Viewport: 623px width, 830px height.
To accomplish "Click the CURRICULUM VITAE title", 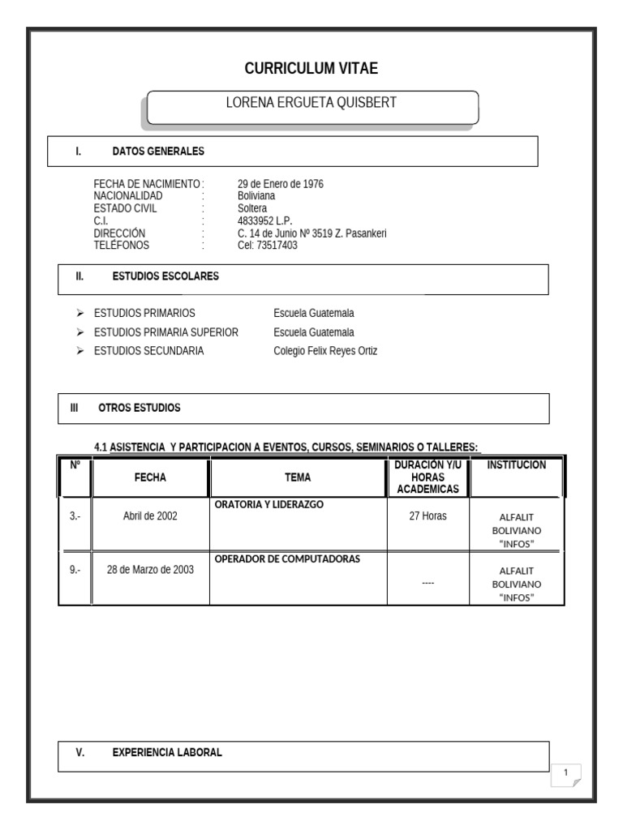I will pyautogui.click(x=311, y=69).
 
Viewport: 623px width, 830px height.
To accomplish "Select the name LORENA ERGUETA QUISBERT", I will pyautogui.click(x=311, y=103).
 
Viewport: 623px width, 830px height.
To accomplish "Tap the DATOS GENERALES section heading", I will pyautogui.click(x=158, y=151).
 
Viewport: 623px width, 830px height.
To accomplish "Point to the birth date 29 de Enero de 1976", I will pyautogui.click(x=280, y=184).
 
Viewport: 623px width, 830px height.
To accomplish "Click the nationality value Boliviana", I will pyautogui.click(x=256, y=196).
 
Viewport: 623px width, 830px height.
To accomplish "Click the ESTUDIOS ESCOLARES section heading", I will pyautogui.click(x=165, y=276).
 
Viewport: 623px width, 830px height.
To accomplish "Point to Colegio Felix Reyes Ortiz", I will pyautogui.click(x=325, y=351).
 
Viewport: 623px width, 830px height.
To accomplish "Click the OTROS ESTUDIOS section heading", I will pyautogui.click(x=140, y=408).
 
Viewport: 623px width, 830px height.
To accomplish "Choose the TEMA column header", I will pyautogui.click(x=298, y=477).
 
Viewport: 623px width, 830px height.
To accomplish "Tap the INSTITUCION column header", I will pyautogui.click(x=517, y=465).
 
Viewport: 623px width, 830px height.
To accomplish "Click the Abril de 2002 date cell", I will pyautogui.click(x=150, y=516).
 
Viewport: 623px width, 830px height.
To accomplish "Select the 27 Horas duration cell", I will pyautogui.click(x=428, y=516).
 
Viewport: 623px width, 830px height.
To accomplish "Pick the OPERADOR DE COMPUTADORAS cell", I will pyautogui.click(x=287, y=559).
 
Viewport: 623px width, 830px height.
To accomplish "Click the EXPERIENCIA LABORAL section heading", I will pyautogui.click(x=166, y=752).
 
